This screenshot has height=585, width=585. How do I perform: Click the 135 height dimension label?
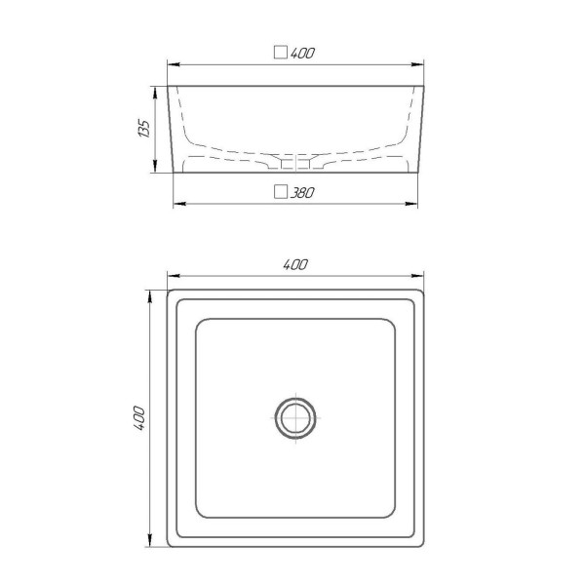[x=144, y=129]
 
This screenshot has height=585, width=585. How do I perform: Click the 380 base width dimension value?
[x=302, y=192]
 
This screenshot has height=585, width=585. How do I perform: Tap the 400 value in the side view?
[x=302, y=53]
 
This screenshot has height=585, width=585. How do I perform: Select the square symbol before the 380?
[x=281, y=192]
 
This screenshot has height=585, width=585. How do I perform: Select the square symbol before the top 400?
[x=281, y=53]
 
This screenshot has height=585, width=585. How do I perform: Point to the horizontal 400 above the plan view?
[x=295, y=264]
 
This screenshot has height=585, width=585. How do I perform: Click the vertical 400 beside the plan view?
[x=139, y=418]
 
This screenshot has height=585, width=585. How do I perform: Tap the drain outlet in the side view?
[x=295, y=164]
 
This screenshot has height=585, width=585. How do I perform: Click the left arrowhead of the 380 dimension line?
[x=179, y=204]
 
